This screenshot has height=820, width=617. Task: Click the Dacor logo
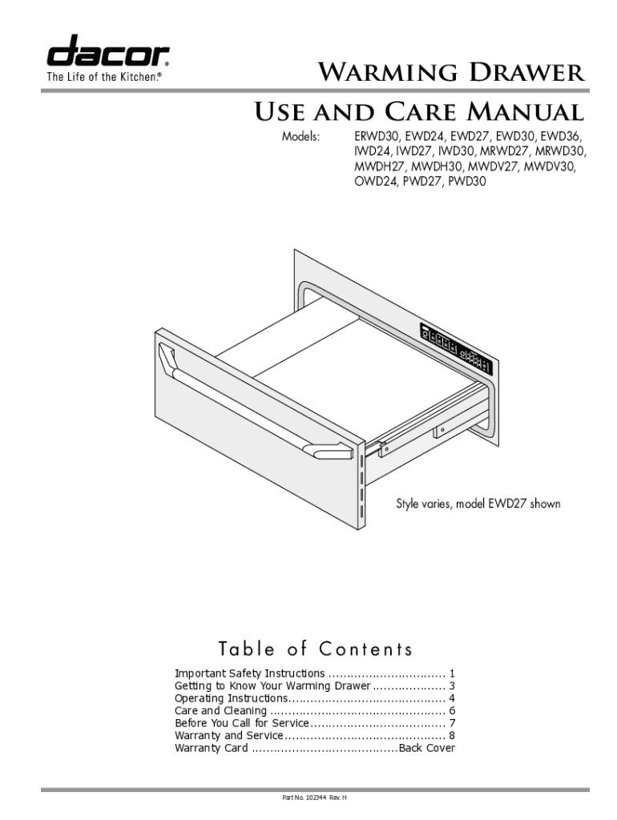108,52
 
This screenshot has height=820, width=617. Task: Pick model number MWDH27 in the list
380,167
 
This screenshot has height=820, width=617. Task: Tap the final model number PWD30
467,182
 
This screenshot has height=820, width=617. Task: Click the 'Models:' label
300,136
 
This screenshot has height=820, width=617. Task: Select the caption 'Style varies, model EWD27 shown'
478,504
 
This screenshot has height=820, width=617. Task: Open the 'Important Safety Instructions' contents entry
250,674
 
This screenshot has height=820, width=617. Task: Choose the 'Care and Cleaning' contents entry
220,711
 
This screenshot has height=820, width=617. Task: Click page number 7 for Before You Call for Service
453,723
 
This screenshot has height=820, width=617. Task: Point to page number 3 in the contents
453,686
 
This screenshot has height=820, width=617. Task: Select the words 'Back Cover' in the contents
427,748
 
